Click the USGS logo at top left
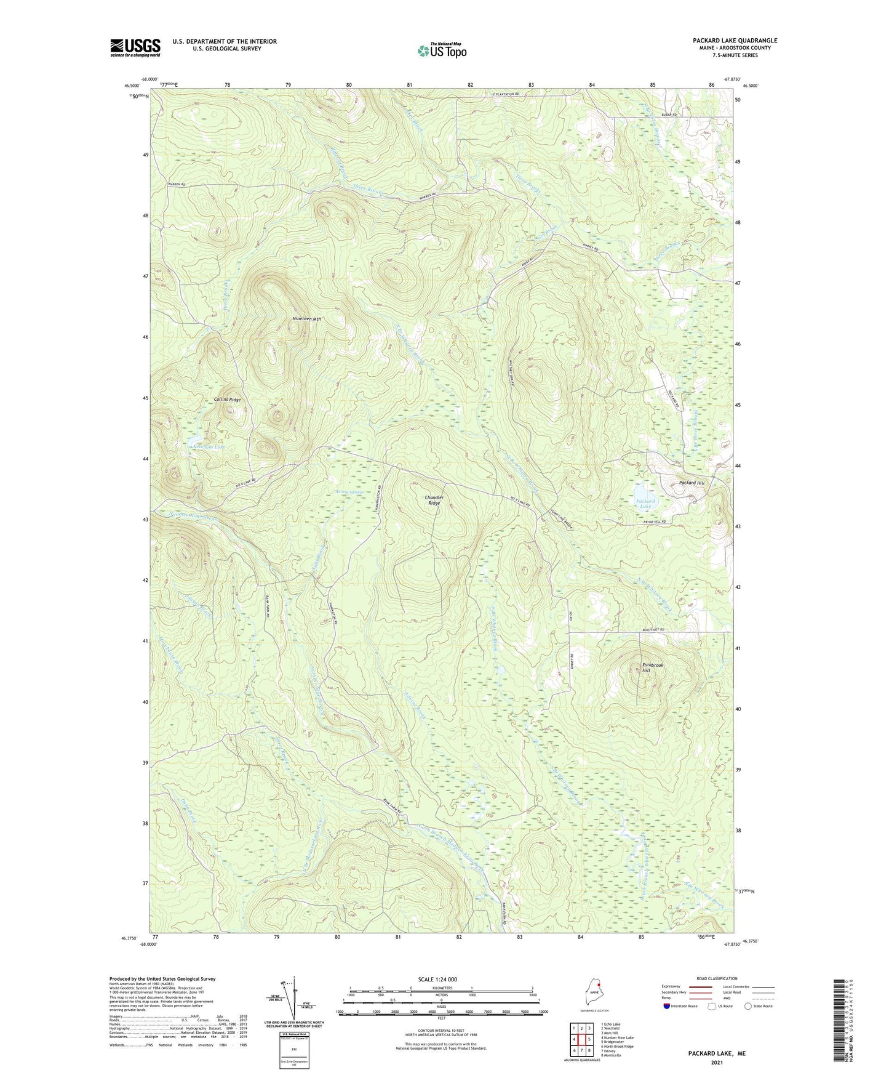pos(135,47)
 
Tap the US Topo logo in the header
pos(442,50)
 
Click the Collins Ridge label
pos(227,400)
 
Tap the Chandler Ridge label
pos(434,500)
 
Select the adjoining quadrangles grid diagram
pos(581,1041)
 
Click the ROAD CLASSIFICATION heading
pos(717,978)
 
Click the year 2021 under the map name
pos(716,1063)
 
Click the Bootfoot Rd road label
pos(653,630)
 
